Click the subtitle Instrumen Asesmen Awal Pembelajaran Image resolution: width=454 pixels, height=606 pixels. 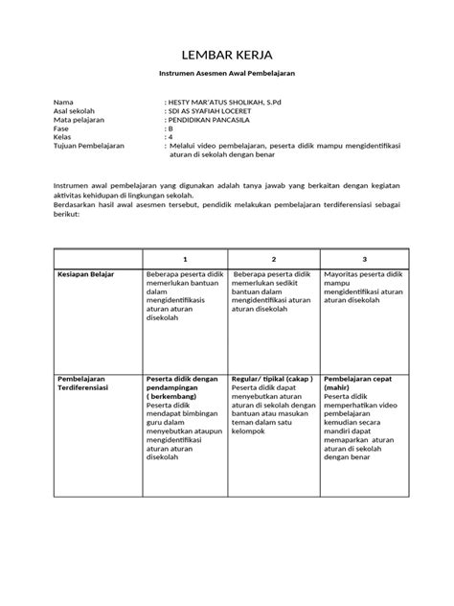pos(226,74)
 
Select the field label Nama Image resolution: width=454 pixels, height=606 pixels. pos(62,101)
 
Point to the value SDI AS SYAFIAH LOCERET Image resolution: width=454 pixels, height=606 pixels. pos(213,109)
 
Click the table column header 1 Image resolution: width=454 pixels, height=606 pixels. pos(185,259)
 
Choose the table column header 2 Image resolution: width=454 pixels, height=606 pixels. pos(274,259)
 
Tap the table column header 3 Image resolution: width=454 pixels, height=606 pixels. pos(364,259)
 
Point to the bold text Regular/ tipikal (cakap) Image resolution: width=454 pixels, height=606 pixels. pos(273,379)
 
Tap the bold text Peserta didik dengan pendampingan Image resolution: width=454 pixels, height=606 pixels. pos(183,388)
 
